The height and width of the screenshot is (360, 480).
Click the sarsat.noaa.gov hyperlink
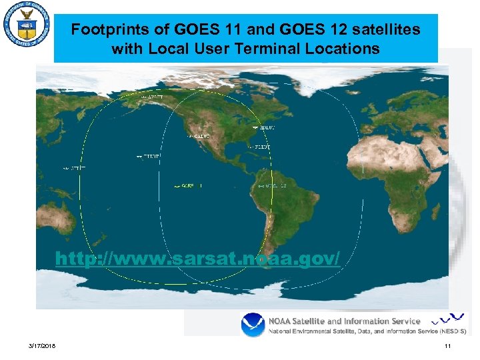click(x=197, y=258)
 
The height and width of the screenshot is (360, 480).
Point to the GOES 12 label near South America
click(x=273, y=185)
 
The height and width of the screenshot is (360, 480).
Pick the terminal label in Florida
click(x=262, y=146)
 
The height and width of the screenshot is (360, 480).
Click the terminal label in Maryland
click(x=263, y=127)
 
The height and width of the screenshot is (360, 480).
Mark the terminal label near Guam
click(x=74, y=169)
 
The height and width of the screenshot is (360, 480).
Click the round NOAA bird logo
click(x=253, y=325)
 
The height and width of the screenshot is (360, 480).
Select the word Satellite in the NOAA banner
click(x=318, y=321)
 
